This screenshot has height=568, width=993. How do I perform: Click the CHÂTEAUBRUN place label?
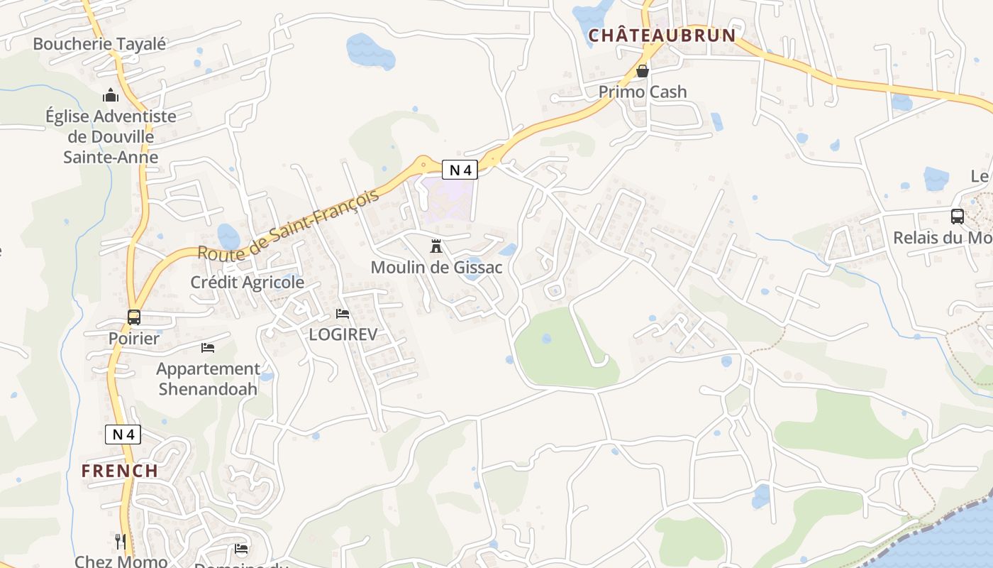(662, 35)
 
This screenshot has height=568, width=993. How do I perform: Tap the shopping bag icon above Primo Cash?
(643, 71)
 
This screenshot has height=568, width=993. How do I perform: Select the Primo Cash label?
(643, 92)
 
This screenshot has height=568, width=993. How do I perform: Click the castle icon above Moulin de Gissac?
(436, 247)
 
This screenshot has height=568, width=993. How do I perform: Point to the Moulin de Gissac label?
(436, 268)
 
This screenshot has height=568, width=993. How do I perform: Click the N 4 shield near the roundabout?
(460, 170)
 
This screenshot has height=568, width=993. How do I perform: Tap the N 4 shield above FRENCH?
(123, 435)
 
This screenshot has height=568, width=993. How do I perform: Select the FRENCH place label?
(119, 470)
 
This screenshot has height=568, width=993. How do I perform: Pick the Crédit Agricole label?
(247, 282)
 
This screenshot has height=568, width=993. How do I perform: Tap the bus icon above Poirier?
(134, 317)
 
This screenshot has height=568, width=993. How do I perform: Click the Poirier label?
(134, 338)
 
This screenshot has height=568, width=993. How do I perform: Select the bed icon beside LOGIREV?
(343, 314)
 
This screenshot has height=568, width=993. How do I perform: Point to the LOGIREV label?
(343, 334)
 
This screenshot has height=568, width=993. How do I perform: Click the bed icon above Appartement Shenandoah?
(208, 348)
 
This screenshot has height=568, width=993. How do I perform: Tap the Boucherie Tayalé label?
(99, 44)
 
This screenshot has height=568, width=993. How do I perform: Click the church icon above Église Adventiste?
(111, 95)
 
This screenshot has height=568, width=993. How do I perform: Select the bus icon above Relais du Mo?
(957, 217)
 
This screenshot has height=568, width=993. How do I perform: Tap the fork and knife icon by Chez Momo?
(121, 542)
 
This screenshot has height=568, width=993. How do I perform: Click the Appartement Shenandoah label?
(208, 378)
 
